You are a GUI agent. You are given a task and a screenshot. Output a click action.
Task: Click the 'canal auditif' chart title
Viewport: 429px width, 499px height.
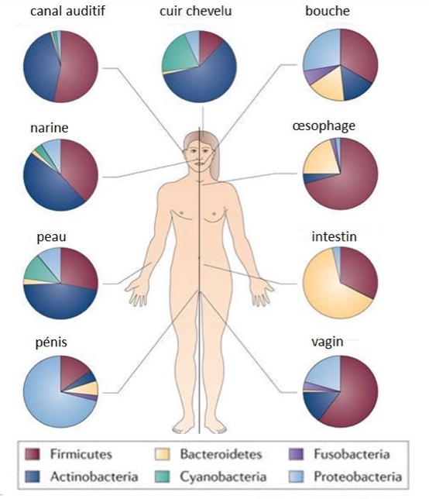click(x=67, y=11)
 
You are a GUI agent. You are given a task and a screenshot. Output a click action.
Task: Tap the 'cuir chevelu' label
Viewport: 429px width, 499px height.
click(x=196, y=11)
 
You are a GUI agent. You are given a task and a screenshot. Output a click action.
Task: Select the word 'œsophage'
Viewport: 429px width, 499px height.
click(x=324, y=126)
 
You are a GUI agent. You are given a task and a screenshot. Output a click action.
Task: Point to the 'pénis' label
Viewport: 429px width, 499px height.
click(x=51, y=342)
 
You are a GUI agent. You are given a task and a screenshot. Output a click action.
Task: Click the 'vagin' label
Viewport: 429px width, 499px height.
click(x=328, y=342)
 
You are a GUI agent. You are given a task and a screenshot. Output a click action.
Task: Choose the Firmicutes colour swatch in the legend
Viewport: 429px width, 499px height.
click(x=33, y=454)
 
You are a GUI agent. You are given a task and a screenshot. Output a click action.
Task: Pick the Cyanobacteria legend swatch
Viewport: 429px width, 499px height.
click(x=162, y=477)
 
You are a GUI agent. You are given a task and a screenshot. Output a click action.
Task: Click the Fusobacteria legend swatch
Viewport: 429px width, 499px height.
click(x=296, y=454)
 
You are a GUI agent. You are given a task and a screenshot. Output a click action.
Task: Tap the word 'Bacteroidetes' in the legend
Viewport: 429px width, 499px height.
click(x=221, y=454)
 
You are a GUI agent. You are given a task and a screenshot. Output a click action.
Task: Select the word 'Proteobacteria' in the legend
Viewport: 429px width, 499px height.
click(x=358, y=477)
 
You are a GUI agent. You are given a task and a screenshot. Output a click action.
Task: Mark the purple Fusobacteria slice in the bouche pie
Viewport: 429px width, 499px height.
click(x=312, y=74)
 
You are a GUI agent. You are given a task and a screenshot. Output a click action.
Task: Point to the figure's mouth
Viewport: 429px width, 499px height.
click(x=199, y=163)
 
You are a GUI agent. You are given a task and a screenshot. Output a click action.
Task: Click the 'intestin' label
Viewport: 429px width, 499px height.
click(x=334, y=237)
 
